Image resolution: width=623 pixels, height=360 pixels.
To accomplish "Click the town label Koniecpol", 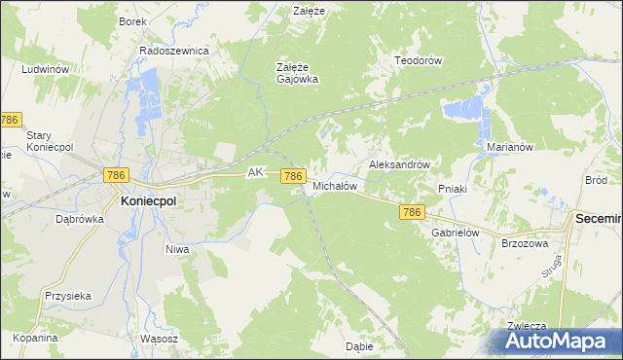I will point(148,199).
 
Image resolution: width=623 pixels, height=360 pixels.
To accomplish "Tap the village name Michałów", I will point(336,185).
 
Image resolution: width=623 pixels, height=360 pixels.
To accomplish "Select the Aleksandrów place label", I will point(399,165).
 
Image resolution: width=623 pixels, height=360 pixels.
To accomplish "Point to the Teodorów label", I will point(418,60).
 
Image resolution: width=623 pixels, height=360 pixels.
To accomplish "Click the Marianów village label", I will point(507,148).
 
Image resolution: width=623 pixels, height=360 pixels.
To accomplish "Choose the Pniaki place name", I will point(454,189).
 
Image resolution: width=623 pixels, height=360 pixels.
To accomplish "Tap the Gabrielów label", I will point(457,234).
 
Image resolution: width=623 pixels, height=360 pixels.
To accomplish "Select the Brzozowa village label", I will point(526,243).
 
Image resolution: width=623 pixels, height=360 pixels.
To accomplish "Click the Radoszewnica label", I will point(174,51).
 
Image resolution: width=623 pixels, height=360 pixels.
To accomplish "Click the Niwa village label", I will point(176,249).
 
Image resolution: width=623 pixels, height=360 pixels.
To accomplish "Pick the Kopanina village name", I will point(36,338).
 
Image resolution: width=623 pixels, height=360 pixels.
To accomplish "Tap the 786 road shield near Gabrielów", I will point(412,212).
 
